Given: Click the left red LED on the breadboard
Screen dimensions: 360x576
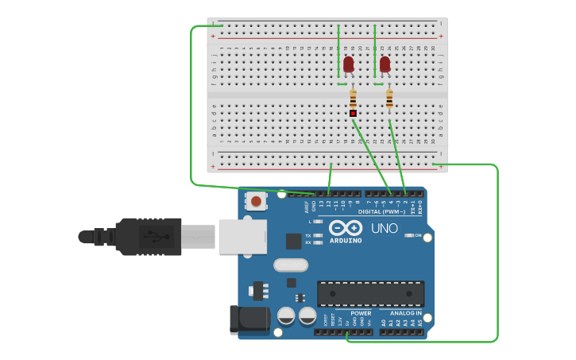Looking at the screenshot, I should click(348, 64).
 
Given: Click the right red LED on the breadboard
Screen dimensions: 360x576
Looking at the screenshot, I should click(385, 64).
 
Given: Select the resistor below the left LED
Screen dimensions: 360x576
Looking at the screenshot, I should click(353, 99).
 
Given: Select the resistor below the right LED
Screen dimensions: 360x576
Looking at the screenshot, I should click(389, 99).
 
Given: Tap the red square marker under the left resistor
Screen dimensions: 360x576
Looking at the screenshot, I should click(353, 114).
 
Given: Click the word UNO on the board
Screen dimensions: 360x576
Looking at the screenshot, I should click(385, 229).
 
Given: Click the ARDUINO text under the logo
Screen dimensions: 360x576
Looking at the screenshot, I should click(346, 240).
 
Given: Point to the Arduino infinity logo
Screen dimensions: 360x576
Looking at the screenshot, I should click(346, 228).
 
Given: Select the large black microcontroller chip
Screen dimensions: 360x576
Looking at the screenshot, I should click(370, 293).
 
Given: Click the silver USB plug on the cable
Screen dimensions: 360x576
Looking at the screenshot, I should click(197, 237).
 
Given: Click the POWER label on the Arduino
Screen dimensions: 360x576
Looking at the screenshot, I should click(361, 312).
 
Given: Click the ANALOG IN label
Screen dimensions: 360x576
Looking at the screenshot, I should click(405, 312).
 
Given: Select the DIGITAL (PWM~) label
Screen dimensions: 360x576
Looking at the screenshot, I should click(381, 212).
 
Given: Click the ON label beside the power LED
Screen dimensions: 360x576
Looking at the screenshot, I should click(418, 235).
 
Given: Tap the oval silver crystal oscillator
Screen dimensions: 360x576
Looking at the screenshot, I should click(290, 265).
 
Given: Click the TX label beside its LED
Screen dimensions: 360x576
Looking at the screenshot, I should click(308, 235).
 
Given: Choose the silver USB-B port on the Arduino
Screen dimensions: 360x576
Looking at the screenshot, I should click(242, 237).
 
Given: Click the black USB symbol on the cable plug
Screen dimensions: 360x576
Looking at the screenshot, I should click(151, 236).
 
